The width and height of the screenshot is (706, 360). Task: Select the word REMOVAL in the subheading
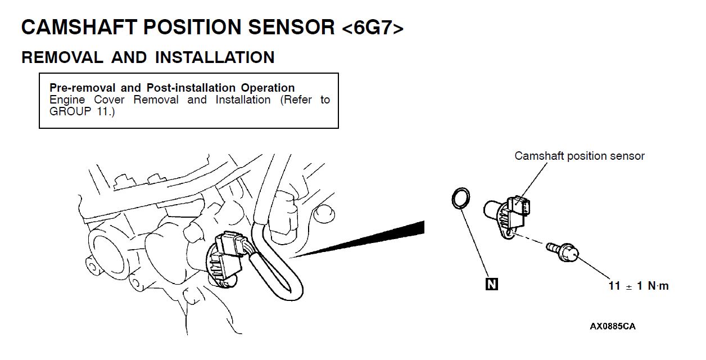coord(62,57)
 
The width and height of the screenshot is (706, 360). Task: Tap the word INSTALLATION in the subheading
coord(215,57)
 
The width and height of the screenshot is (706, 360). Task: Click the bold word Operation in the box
coord(268,88)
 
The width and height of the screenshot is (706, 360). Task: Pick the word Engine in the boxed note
coord(66,100)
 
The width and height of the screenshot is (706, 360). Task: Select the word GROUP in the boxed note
coord(66,111)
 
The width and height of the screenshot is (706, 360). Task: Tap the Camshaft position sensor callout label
coord(580,156)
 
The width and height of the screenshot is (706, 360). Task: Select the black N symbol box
coord(491,284)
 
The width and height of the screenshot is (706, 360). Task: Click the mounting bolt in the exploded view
coord(562,251)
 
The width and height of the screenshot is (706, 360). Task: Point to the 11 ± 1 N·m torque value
coord(639,286)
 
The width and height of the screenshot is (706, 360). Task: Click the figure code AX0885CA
coord(613,326)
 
